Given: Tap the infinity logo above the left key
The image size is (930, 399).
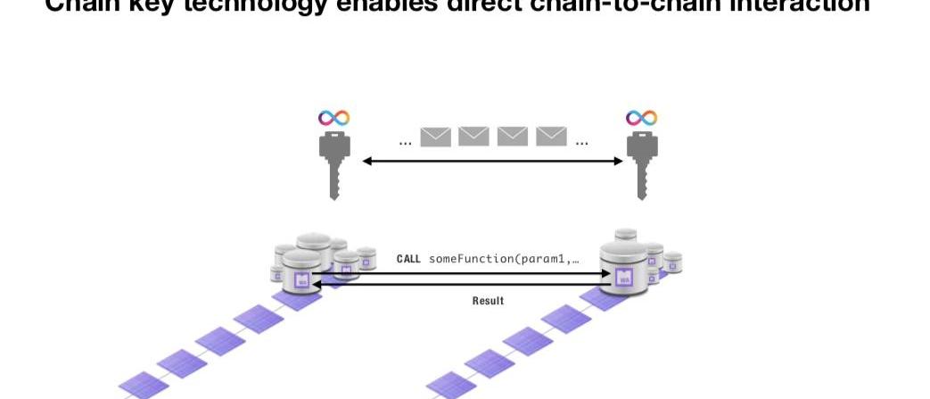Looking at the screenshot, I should [334, 118].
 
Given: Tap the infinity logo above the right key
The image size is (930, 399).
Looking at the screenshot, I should [641, 118].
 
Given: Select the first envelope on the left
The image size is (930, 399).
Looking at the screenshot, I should [435, 136].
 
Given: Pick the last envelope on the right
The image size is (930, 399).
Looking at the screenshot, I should [552, 136].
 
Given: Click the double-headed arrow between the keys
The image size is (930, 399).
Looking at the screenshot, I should [492, 162].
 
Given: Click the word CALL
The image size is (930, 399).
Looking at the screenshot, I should [408, 260].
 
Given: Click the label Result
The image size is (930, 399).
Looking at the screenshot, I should [488, 301].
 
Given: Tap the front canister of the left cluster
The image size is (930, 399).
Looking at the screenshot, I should [300, 273].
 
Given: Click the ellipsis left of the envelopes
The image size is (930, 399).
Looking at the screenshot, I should [405, 142].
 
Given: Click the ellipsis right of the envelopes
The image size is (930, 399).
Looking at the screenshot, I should [581, 142].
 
